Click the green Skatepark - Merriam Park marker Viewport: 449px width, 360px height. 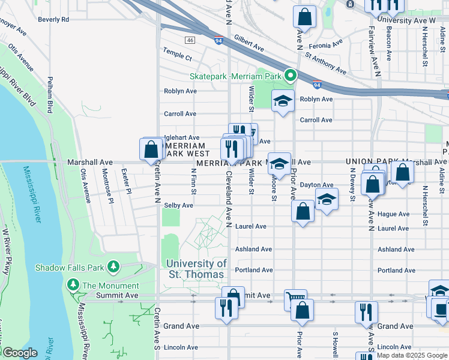[290, 76]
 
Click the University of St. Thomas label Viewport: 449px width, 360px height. [196, 269]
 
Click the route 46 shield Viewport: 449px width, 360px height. [190, 40]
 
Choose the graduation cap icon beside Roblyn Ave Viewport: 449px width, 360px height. [283, 101]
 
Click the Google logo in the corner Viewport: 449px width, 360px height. [20, 353]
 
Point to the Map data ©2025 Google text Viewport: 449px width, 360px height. [411, 355]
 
